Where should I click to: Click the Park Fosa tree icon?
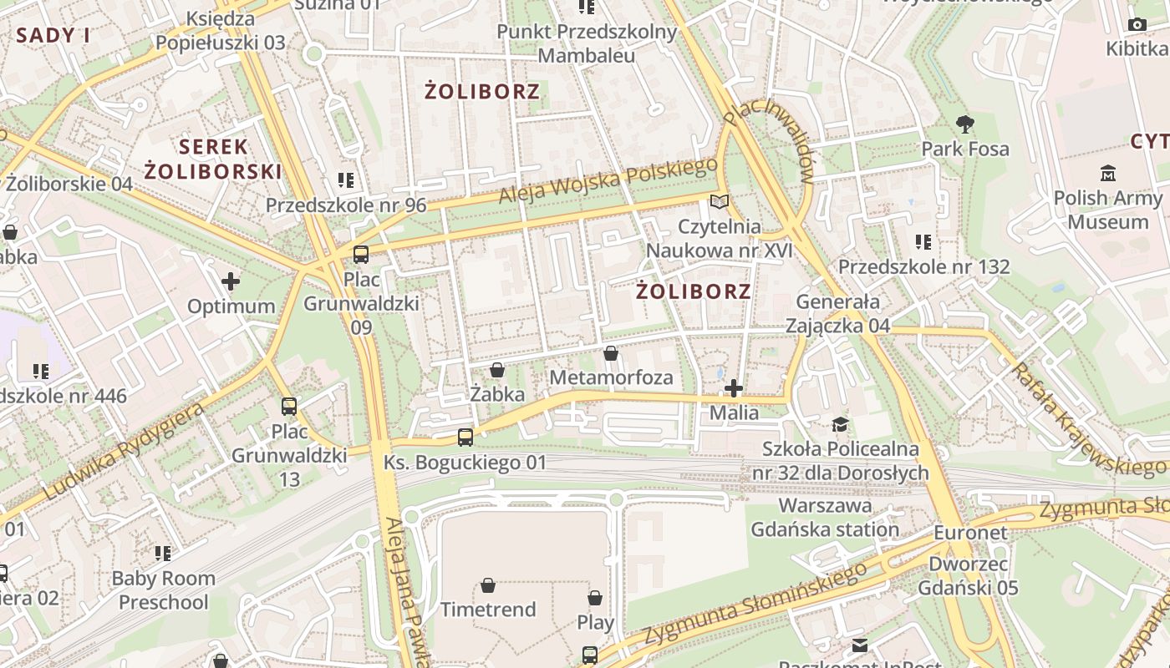[x=965, y=125]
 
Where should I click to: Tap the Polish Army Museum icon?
[x=1108, y=174]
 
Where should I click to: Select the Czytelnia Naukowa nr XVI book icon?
[x=719, y=201]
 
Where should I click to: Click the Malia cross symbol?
[x=734, y=388]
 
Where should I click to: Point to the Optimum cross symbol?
[x=231, y=281]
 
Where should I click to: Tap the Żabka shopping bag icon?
[x=497, y=370]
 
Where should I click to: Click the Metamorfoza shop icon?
[x=611, y=353]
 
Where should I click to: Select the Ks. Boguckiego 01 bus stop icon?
[x=465, y=437]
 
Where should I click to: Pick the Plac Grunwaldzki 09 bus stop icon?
[x=361, y=255]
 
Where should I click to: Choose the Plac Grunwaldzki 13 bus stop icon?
[x=289, y=407]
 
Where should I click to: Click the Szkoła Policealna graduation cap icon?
[x=840, y=425]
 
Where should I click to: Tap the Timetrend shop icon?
[x=488, y=585]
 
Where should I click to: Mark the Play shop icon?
[x=595, y=598]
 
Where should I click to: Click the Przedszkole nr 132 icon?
[x=923, y=242]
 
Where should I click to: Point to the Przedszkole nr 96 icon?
[x=346, y=180]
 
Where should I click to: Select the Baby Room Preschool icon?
[x=163, y=553]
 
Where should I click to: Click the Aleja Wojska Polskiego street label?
[x=608, y=181]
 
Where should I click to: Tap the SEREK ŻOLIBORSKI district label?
[x=213, y=159]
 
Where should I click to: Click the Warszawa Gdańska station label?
[x=825, y=518]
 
